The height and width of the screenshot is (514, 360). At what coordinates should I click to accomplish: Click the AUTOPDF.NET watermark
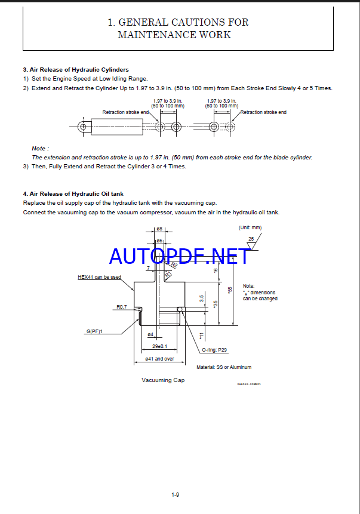(179, 256)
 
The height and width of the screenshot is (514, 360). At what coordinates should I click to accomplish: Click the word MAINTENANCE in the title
(149, 35)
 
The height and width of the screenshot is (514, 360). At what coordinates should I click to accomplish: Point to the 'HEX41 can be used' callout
(99, 277)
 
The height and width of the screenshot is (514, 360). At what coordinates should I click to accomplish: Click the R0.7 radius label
(122, 307)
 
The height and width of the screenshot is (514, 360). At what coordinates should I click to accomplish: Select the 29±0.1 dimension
(159, 346)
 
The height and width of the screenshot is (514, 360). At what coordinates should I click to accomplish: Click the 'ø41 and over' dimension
(159, 359)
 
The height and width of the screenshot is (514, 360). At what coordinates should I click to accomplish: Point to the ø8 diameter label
(159, 229)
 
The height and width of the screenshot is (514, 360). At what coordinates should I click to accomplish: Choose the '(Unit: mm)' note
(250, 227)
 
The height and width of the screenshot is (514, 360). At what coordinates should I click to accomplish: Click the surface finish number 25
(251, 239)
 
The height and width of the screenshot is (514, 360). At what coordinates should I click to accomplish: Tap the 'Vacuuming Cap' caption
(163, 380)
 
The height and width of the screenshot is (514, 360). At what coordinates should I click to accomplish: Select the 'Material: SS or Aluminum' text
(224, 367)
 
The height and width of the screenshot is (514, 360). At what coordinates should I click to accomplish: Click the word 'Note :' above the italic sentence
(41, 148)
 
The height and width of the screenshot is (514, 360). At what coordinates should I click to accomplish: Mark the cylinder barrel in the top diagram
(117, 126)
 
